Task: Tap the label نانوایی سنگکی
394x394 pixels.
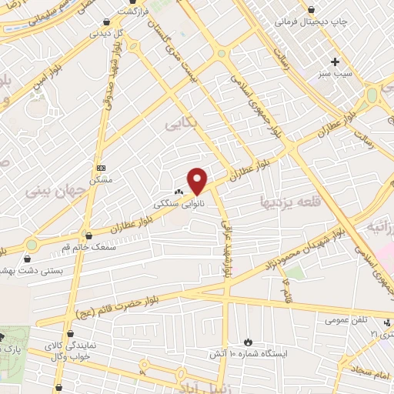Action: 169,205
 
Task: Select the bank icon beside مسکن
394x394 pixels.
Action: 101,167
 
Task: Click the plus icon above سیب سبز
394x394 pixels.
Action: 336,62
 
